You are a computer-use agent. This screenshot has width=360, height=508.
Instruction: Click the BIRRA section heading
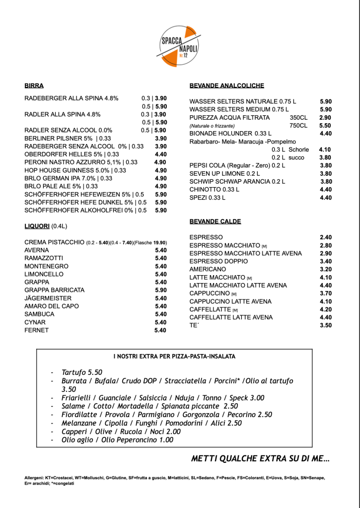tap(34, 85)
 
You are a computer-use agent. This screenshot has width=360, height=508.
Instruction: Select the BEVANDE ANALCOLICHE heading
tap(226, 85)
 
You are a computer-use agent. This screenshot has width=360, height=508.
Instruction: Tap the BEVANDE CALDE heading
tap(215, 221)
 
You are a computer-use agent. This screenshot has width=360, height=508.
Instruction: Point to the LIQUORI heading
tap(37, 226)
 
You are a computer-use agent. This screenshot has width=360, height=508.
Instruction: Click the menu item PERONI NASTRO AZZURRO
tap(81, 162)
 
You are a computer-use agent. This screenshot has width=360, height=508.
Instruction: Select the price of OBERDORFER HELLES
tap(161, 154)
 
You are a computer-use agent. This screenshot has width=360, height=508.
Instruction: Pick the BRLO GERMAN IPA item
tap(68, 178)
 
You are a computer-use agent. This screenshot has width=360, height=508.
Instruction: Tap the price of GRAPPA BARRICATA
tap(161, 290)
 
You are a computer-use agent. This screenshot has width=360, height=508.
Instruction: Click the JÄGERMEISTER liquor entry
tap(48, 298)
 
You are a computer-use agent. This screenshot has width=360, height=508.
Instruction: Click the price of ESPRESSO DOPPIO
tap(326, 261)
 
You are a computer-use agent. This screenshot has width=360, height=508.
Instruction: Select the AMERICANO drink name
tap(208, 269)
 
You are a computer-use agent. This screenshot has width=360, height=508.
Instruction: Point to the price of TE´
tap(326, 325)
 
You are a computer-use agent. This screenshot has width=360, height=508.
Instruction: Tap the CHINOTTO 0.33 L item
tap(214, 189)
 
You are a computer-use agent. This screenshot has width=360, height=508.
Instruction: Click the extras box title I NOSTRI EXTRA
tap(174, 356)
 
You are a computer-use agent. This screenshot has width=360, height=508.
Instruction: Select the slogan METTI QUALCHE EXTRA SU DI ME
tap(260, 458)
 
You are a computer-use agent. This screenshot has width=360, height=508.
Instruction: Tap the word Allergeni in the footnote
tap(35, 478)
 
